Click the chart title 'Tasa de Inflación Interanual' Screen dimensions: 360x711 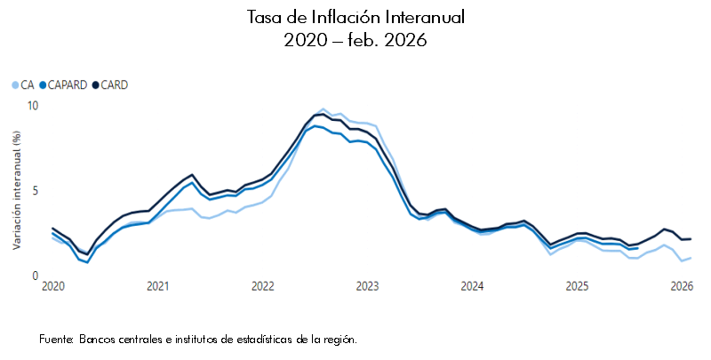point(355,18)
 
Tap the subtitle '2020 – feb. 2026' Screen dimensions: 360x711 point(355,40)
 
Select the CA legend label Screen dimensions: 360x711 point(28,85)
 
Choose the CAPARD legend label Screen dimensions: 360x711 point(68,85)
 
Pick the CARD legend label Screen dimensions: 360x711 point(115,85)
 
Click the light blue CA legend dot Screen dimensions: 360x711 point(14,85)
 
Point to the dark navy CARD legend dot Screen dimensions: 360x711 point(96,85)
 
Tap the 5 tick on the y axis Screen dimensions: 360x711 point(36,191)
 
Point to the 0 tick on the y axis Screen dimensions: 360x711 point(36,276)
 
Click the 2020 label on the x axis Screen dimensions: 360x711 point(52,287)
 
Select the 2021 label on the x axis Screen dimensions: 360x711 point(157,287)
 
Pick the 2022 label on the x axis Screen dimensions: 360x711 point(262,287)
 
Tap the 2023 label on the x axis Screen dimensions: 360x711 point(367,287)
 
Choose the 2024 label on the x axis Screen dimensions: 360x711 point(472,287)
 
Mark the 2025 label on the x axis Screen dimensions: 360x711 point(577,287)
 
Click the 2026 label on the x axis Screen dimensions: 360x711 point(681,287)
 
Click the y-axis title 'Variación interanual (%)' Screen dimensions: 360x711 point(17,190)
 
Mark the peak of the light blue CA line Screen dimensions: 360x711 point(324,109)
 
